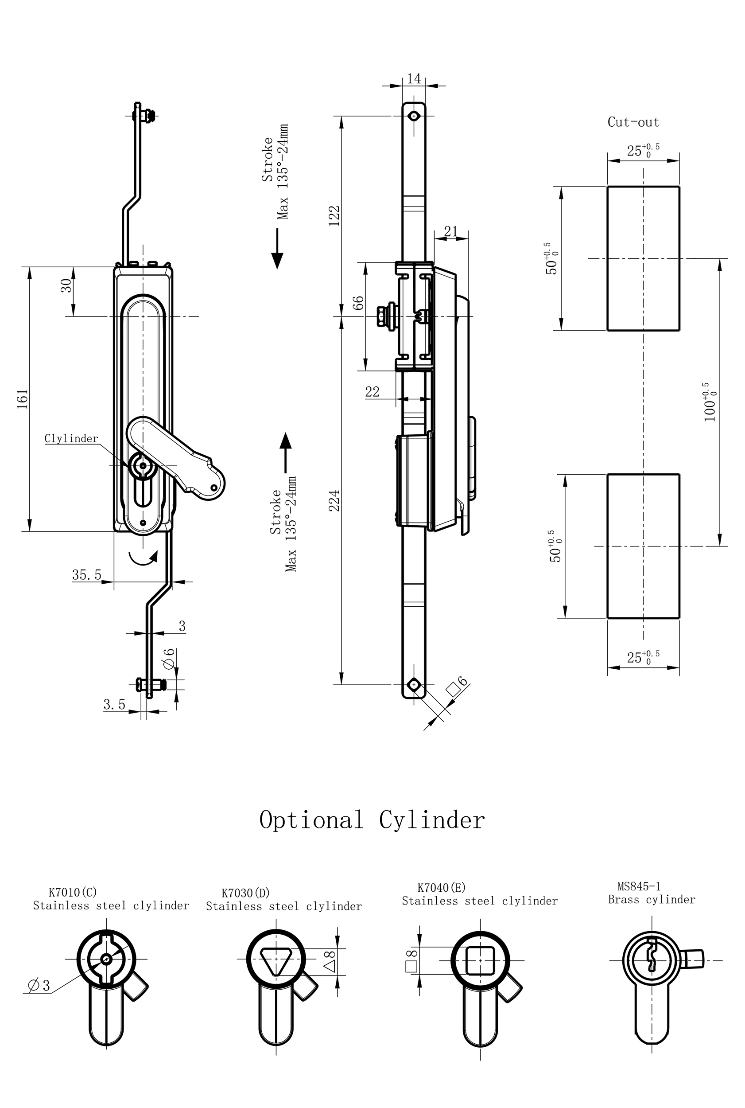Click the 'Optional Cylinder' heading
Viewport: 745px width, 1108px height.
point(372,820)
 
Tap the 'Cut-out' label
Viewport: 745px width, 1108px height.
point(633,122)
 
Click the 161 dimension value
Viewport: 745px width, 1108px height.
point(23,399)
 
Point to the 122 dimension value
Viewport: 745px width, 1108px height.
point(335,215)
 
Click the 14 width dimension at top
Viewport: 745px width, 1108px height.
point(414,78)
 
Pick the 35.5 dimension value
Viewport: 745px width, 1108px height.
point(86,575)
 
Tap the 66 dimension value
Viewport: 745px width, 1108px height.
point(359,302)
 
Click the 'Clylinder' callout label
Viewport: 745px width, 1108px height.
point(71,438)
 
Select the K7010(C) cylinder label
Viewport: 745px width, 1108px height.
point(73,892)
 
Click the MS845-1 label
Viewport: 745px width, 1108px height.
point(639,886)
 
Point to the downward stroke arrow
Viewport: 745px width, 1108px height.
point(277,248)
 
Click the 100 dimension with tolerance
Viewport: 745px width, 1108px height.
point(710,402)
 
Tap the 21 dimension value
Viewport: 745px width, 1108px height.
point(450,231)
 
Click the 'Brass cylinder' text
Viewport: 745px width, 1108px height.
point(652,899)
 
